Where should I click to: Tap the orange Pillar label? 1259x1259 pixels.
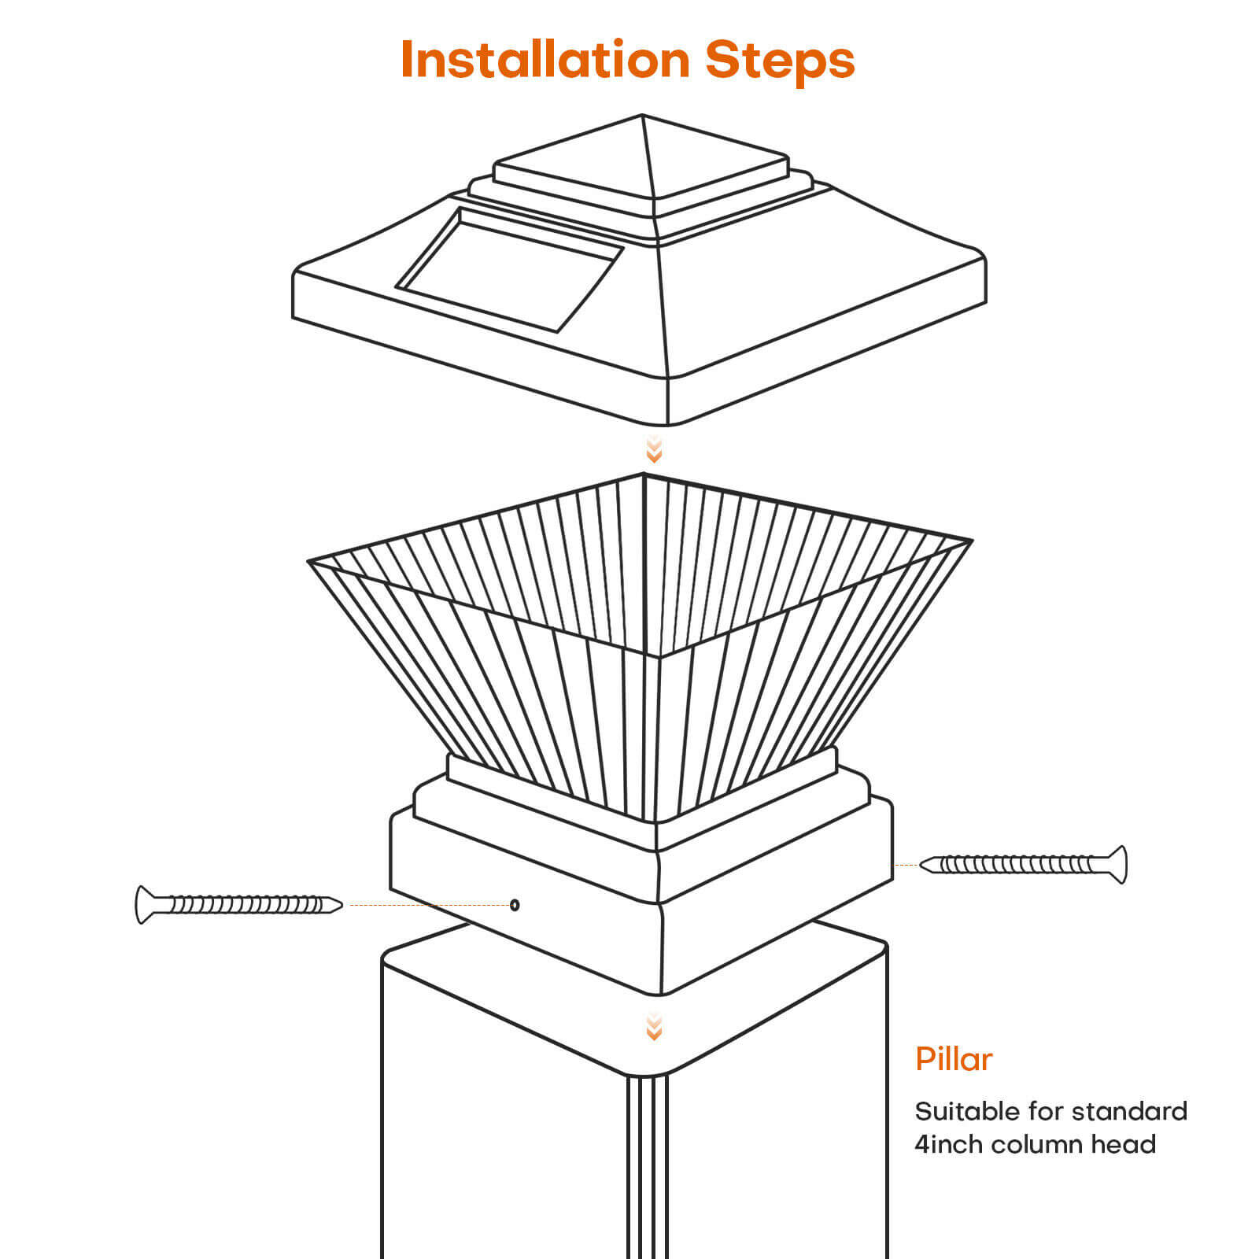click(x=954, y=1059)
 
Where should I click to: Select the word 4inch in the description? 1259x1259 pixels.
click(x=948, y=1144)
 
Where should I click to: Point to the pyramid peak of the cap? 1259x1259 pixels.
click(x=643, y=118)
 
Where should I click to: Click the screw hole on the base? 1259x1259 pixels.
click(x=515, y=905)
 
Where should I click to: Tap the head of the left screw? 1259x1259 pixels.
click(x=144, y=905)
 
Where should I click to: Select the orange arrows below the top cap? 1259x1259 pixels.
click(x=654, y=450)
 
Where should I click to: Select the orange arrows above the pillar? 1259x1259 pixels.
click(x=654, y=1028)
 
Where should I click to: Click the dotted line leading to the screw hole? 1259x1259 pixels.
click(x=429, y=905)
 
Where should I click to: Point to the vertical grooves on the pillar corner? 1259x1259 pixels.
click(x=647, y=1165)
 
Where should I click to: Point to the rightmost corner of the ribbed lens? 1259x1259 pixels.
click(x=969, y=541)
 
